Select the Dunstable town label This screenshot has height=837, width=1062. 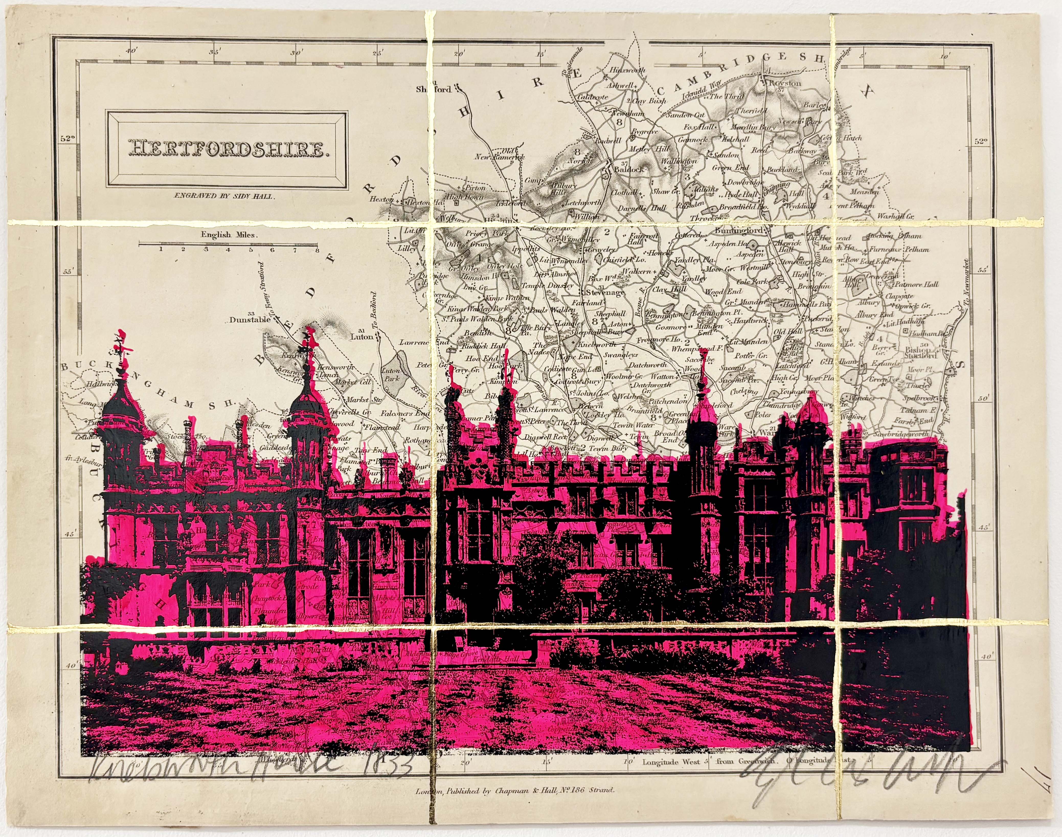coord(250,320)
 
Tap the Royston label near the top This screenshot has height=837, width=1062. coord(784,83)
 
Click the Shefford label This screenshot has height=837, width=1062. coord(433,90)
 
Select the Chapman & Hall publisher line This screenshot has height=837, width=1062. coord(512,804)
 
